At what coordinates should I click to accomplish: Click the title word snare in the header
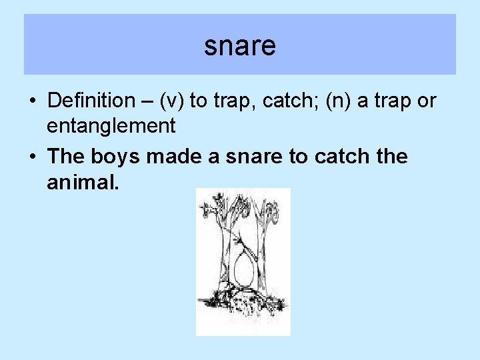click(240, 46)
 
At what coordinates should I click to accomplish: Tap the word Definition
click(91, 101)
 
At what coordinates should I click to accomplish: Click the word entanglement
click(111, 125)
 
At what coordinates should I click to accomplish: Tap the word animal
click(83, 181)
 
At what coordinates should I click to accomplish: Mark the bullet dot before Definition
click(33, 102)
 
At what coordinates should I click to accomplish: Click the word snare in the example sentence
click(259, 157)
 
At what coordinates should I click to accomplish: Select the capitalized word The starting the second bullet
click(65, 157)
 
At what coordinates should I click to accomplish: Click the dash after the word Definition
click(144, 102)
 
